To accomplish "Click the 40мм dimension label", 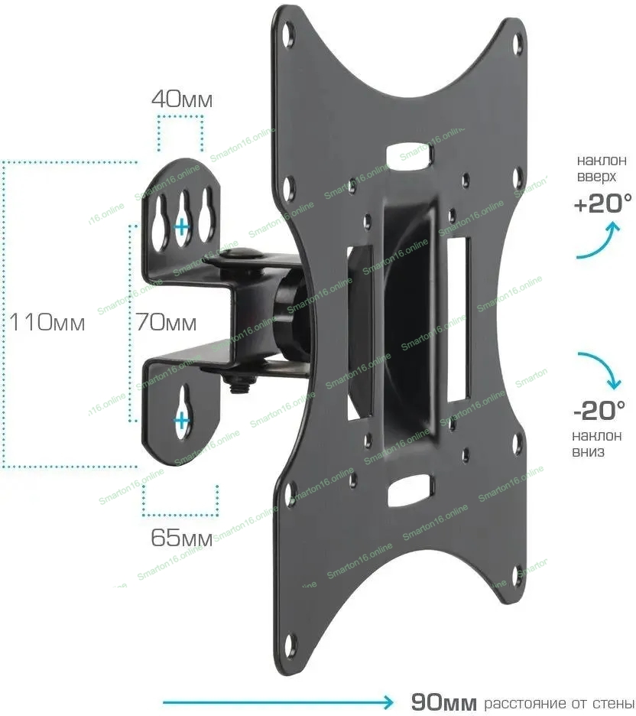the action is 182,99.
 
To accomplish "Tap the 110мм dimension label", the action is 47,322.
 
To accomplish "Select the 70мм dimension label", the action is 166,322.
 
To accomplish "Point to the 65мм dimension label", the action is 182,538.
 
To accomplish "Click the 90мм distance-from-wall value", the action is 443,701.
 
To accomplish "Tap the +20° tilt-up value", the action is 602,203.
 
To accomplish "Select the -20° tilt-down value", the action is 599,411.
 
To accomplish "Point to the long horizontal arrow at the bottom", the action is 278,701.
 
